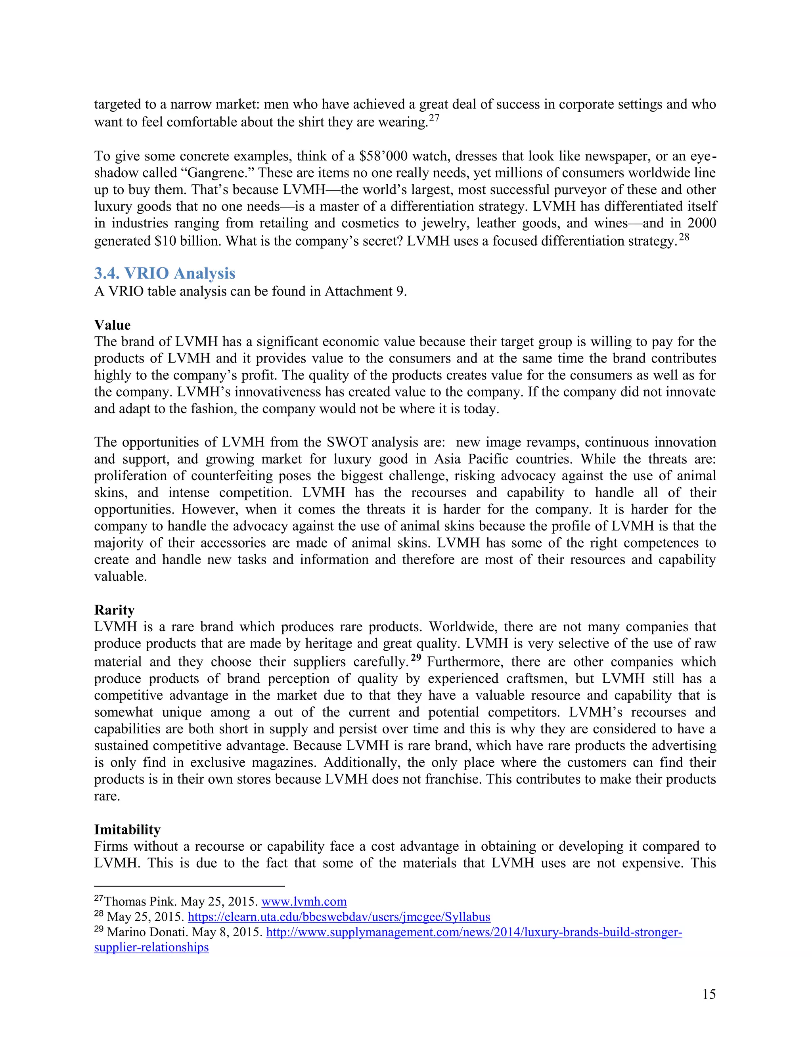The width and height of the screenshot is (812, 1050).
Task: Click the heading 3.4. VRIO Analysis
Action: [x=165, y=273]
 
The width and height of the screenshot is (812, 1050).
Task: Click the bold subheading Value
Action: [x=112, y=325]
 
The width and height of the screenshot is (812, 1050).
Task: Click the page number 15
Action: [x=709, y=994]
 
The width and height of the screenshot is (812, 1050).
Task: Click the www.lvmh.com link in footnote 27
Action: [x=304, y=901]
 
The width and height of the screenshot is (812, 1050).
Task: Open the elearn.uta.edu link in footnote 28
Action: [x=339, y=917]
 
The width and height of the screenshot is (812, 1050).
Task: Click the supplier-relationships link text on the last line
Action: [x=151, y=947]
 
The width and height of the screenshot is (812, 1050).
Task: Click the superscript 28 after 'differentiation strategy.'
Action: [x=684, y=237]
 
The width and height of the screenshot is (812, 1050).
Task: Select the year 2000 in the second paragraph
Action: [x=701, y=223]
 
